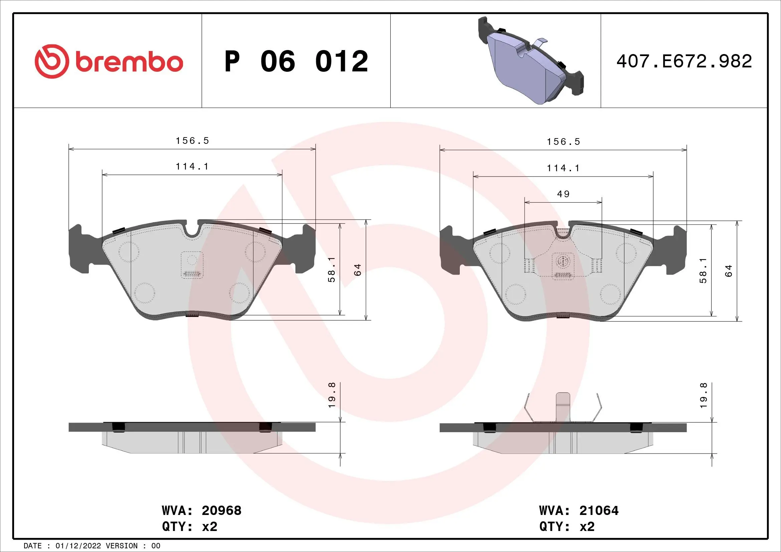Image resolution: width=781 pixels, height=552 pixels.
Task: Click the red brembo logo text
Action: click(129, 62)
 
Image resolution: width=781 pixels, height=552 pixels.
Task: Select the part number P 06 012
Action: click(296, 61)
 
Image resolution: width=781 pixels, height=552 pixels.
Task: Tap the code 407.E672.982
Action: click(684, 61)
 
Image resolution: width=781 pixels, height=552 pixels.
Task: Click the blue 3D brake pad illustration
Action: click(531, 61)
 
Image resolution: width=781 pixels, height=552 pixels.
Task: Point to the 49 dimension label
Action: click(563, 194)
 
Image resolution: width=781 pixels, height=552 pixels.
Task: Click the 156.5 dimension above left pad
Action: click(193, 141)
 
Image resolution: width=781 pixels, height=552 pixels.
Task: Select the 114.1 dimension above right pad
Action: click(563, 168)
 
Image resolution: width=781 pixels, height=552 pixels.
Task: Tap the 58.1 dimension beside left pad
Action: click(332, 270)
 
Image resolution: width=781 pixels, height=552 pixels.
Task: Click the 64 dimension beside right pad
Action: click(728, 271)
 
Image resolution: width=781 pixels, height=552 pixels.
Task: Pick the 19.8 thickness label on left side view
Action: click(332, 395)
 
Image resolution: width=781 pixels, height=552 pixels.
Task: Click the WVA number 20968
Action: click(221, 511)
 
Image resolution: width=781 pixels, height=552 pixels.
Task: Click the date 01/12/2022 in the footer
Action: click(78, 546)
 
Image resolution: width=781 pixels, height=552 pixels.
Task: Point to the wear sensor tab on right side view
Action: click(563, 407)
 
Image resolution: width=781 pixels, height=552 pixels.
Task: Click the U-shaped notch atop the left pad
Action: click(192, 229)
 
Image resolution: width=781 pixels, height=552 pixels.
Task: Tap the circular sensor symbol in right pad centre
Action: click(563, 261)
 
